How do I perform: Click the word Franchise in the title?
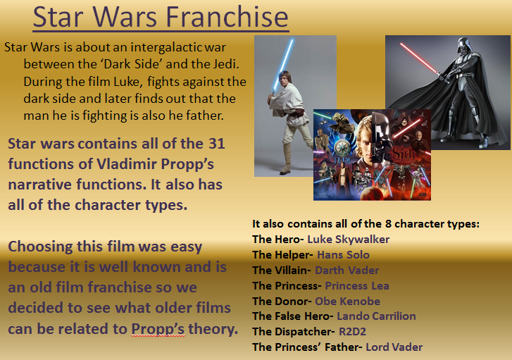[x=228, y=18]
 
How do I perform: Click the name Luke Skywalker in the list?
[x=348, y=240]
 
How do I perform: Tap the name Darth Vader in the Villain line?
[x=346, y=270]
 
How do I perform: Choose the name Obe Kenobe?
[x=347, y=301]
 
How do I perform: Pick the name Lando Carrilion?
[x=376, y=316]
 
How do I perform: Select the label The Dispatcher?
[x=291, y=331]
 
